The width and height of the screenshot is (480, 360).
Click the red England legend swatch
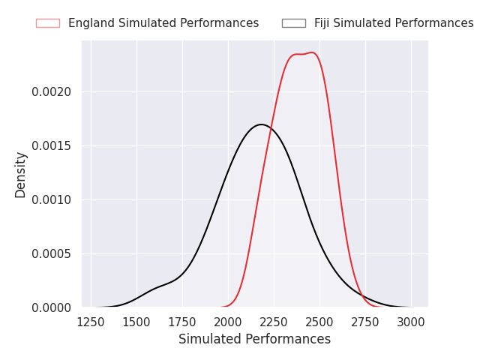(48, 23)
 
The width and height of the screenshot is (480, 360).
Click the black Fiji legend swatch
(294, 23)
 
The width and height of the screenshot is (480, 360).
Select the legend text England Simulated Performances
(163, 23)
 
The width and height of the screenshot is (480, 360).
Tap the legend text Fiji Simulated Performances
(394, 23)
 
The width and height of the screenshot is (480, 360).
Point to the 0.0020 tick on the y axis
(51, 91)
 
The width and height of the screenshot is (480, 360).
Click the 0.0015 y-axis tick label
(51, 146)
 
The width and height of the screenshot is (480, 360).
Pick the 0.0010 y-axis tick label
(51, 200)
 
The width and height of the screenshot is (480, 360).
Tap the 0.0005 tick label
(51, 253)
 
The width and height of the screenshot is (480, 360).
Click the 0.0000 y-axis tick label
(51, 307)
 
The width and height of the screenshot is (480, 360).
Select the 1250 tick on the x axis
(91, 322)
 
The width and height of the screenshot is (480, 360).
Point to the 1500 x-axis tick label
(136, 322)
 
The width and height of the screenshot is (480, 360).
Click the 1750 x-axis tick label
(182, 322)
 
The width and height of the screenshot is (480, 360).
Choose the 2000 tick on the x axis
(228, 322)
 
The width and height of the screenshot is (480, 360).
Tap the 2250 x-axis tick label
(274, 322)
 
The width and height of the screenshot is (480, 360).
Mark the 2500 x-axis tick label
(319, 322)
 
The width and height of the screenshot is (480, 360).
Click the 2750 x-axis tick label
(365, 322)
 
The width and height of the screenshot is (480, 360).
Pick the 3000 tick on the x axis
(411, 322)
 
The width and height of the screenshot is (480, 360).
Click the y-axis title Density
(20, 175)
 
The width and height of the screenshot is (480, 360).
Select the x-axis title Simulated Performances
(255, 339)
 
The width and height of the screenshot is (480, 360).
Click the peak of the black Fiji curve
(261, 124)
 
